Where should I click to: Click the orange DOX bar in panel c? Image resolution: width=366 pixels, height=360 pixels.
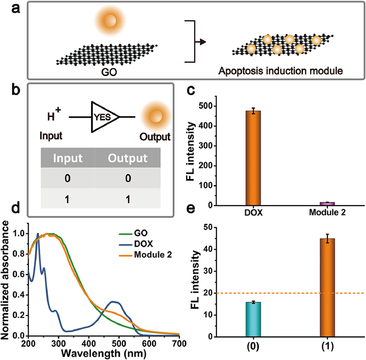pos(253,157)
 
